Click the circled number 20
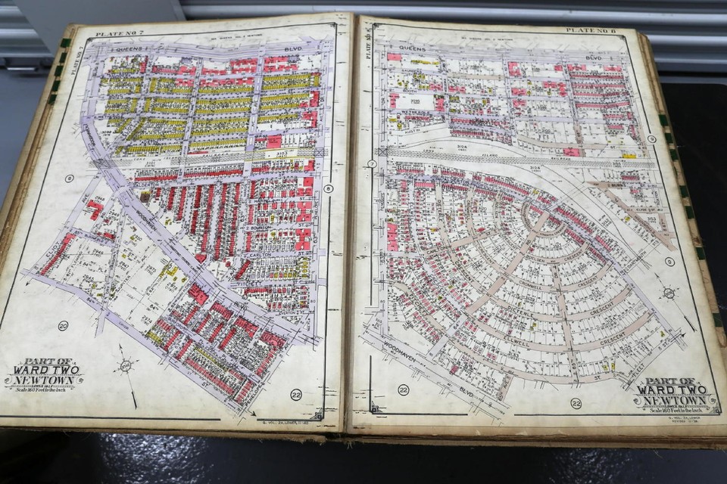pos(64,325)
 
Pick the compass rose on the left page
pos(125,366)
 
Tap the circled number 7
pos(372,164)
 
